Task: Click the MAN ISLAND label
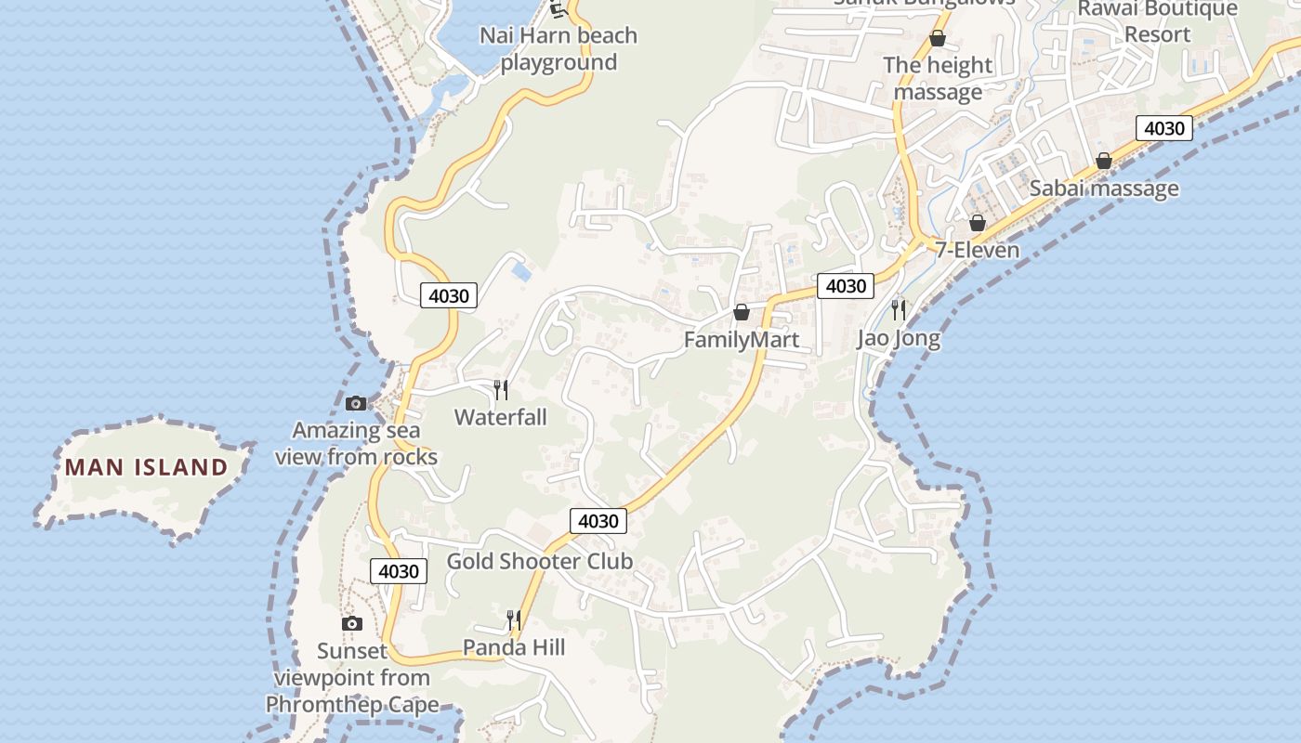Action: point(146,466)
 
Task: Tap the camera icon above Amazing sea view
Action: point(356,403)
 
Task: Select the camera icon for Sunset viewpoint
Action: point(351,623)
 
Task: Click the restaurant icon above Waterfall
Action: point(501,389)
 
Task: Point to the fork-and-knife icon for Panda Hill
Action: point(513,619)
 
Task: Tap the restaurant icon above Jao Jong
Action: point(899,309)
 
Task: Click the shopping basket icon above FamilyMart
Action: point(742,312)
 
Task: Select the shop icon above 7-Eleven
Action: point(977,223)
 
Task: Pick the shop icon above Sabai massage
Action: point(1103,161)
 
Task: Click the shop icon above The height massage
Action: point(938,38)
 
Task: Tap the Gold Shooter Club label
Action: point(540,561)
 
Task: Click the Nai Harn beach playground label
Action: point(559,48)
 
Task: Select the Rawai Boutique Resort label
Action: point(1157,21)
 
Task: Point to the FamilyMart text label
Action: point(741,340)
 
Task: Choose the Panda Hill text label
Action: point(514,647)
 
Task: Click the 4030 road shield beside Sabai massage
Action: point(1163,128)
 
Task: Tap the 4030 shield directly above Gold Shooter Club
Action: point(598,521)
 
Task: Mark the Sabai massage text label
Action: point(1104,189)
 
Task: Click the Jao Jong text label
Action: point(899,339)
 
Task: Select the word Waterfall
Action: point(500,417)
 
